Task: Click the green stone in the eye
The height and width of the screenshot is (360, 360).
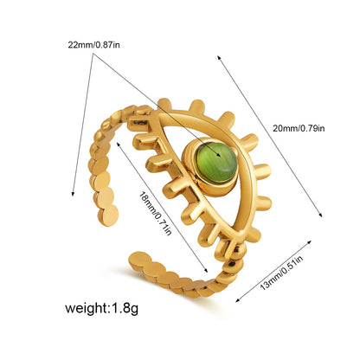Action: (x=216, y=162)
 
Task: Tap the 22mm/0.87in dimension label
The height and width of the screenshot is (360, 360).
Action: (x=93, y=45)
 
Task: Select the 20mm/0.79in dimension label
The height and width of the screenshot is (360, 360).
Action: (x=299, y=128)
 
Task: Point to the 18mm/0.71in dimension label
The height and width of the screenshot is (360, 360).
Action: (x=155, y=213)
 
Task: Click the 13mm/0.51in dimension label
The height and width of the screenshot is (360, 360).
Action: (x=281, y=273)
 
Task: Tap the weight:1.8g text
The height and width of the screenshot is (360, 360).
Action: (x=101, y=308)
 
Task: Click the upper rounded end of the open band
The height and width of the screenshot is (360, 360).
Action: (x=108, y=215)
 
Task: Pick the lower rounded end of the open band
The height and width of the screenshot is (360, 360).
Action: (x=140, y=260)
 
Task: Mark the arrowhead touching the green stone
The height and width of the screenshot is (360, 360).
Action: (x=219, y=155)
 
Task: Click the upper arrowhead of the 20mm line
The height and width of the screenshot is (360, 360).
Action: (x=219, y=58)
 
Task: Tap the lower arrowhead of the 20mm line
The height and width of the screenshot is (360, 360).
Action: (x=320, y=214)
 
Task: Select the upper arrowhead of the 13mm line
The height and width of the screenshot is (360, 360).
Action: (x=309, y=241)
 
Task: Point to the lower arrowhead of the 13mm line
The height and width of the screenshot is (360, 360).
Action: (x=238, y=299)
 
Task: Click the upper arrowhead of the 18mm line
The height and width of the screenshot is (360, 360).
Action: (x=118, y=144)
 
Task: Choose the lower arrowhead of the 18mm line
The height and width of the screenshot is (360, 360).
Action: (x=206, y=270)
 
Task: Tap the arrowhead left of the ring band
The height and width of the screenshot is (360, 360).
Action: (x=73, y=193)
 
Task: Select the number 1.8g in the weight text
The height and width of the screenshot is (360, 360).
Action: (x=125, y=309)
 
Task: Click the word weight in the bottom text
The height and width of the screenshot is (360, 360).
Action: (x=86, y=308)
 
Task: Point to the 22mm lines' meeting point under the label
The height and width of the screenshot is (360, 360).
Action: (x=93, y=54)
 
